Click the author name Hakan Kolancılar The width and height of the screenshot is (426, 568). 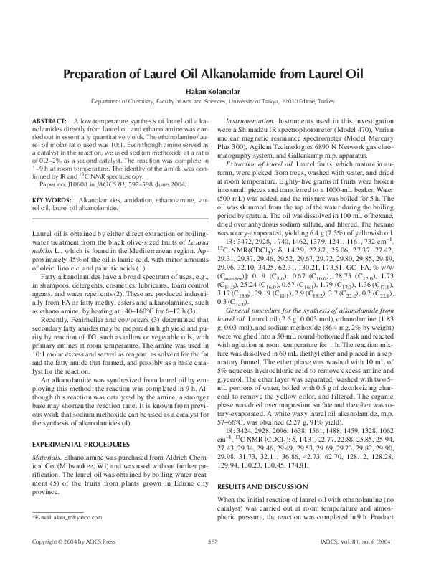point(213,92)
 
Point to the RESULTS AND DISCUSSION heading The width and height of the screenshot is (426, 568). point(262,486)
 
